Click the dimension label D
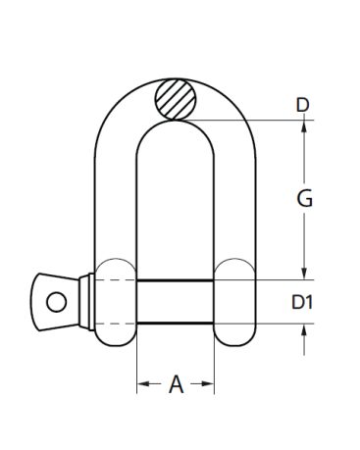[x=302, y=105]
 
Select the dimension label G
[x=305, y=198]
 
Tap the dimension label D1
[x=302, y=302]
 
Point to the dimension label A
[x=176, y=383]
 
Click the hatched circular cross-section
[x=176, y=99]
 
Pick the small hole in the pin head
[x=57, y=302]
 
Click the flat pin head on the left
[x=56, y=302]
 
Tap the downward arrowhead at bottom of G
[x=304, y=273]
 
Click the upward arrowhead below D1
[x=304, y=331]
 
